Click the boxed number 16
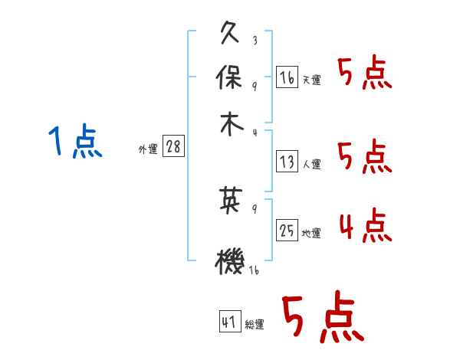(x=287, y=77)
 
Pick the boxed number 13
(x=287, y=162)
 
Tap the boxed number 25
(x=287, y=230)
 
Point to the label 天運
(x=311, y=80)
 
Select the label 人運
(x=311, y=164)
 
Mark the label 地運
(x=311, y=233)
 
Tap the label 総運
(x=254, y=325)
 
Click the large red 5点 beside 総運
(x=322, y=318)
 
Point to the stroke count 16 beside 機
(x=253, y=270)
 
